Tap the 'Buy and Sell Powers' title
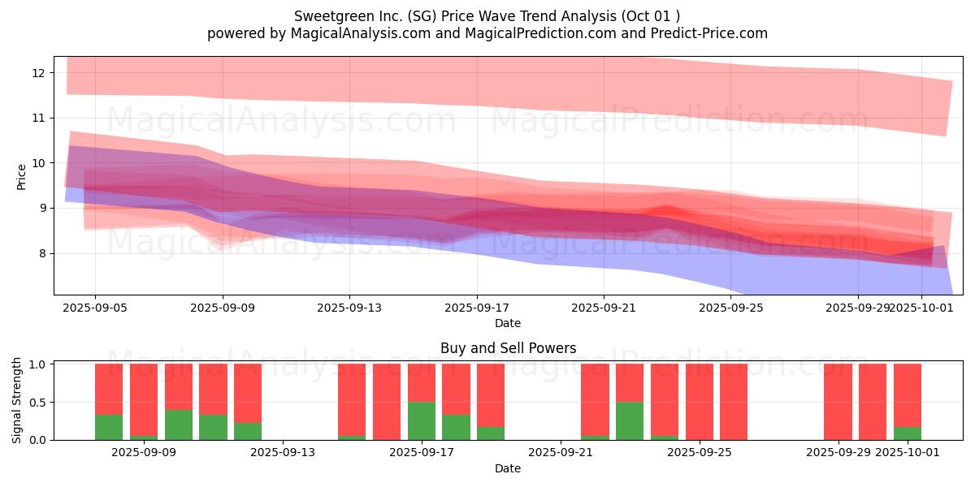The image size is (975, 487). pyautogui.click(x=508, y=348)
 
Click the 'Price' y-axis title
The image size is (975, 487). pyautogui.click(x=22, y=177)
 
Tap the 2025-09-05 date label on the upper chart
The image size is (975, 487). pyautogui.click(x=95, y=308)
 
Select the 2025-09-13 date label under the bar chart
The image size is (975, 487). pyautogui.click(x=283, y=453)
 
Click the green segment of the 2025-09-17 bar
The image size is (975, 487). pyautogui.click(x=422, y=420)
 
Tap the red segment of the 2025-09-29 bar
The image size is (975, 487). pyautogui.click(x=838, y=402)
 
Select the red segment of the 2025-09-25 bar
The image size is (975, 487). pyautogui.click(x=699, y=402)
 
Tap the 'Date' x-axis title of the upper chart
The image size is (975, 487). pyautogui.click(x=508, y=323)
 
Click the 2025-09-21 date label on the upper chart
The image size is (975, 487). pyautogui.click(x=604, y=308)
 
